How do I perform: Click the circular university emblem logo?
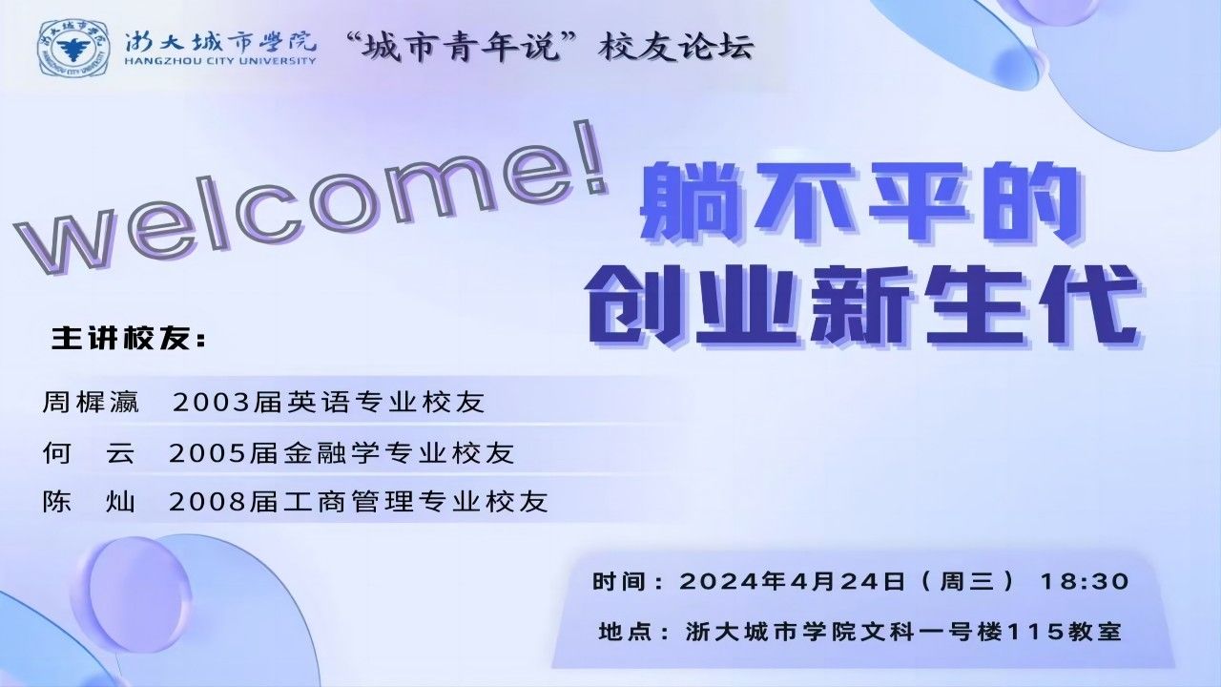pos(72,48)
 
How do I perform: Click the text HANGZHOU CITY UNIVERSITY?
pos(220,60)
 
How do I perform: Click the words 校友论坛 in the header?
pos(676,47)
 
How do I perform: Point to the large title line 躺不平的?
pos(859,205)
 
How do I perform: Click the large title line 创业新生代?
pos(863,306)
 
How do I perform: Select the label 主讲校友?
pos(129,339)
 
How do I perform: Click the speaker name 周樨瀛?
pos(91,403)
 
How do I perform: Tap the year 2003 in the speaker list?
pos(211,404)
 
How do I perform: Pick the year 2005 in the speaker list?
pos(207,453)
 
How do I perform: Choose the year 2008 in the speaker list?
pos(207,502)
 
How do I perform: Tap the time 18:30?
pos(1085,581)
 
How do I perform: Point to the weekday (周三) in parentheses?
pos(968,581)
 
